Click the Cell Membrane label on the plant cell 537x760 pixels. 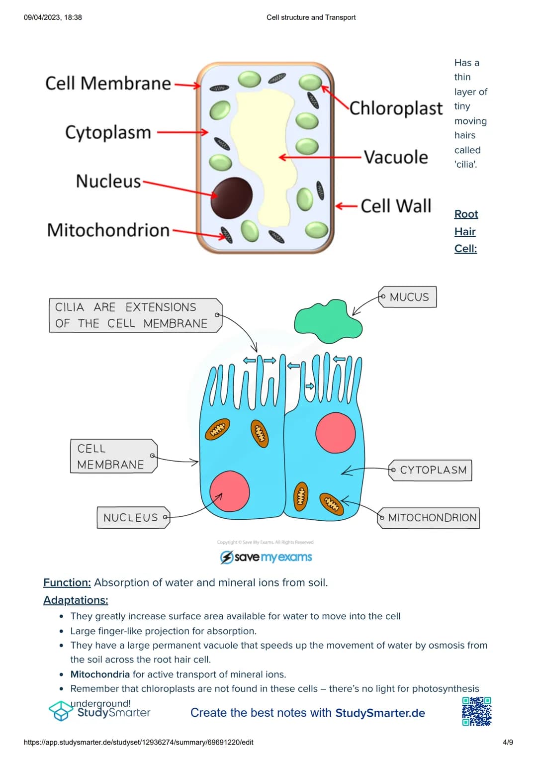click(x=108, y=84)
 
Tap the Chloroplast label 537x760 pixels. click(x=396, y=108)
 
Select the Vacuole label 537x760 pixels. click(x=396, y=157)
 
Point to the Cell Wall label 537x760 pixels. click(x=396, y=206)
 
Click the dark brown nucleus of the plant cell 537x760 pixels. click(x=232, y=197)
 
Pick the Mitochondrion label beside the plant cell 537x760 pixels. click(x=108, y=230)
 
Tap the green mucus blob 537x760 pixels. click(x=328, y=321)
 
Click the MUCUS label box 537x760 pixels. click(x=408, y=297)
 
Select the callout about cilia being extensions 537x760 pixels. click(x=135, y=315)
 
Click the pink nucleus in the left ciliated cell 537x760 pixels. click(x=230, y=491)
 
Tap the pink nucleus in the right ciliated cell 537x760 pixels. click(x=336, y=432)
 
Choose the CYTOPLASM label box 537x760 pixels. click(x=431, y=470)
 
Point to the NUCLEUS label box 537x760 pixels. click(x=132, y=518)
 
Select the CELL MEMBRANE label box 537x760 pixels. click(x=112, y=456)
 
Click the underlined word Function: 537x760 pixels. click(x=67, y=582)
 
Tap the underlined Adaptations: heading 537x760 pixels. click(x=76, y=600)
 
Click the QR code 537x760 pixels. click(x=477, y=711)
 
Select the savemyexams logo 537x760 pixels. click(x=266, y=557)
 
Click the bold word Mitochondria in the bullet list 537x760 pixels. click(x=100, y=674)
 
